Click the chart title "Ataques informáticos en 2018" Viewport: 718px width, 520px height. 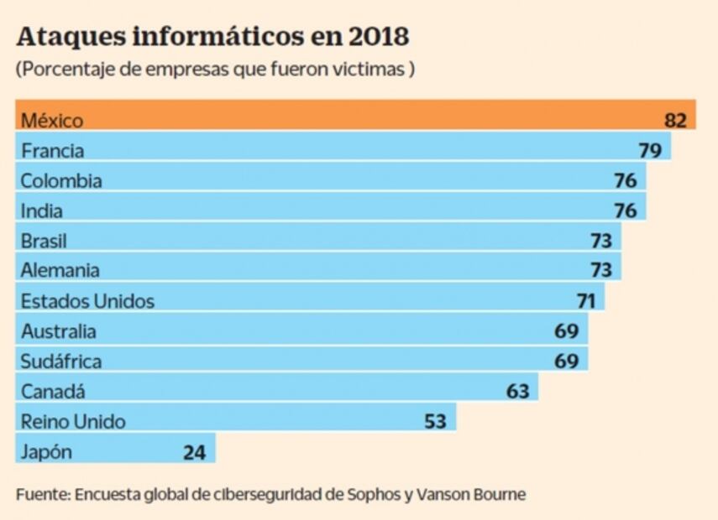point(212,37)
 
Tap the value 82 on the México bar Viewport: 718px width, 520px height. point(675,120)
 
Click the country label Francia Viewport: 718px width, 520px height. point(52,151)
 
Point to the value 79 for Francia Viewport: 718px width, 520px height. point(650,151)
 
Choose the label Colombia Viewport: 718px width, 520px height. point(61,180)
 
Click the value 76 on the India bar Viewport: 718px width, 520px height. point(625,211)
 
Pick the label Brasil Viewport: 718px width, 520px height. point(44,241)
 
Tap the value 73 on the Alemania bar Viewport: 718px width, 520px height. point(600,270)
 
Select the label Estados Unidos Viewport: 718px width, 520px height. point(87,300)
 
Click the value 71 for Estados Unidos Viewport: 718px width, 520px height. point(585,300)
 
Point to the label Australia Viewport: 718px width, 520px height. point(58,330)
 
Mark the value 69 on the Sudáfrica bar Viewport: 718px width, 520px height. point(566,361)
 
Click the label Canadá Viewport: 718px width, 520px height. point(53,391)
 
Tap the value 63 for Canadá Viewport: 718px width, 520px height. point(517,391)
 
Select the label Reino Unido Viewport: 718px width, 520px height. point(72,421)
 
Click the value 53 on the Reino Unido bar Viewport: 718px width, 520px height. point(435,421)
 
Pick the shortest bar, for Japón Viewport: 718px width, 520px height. point(115,451)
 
